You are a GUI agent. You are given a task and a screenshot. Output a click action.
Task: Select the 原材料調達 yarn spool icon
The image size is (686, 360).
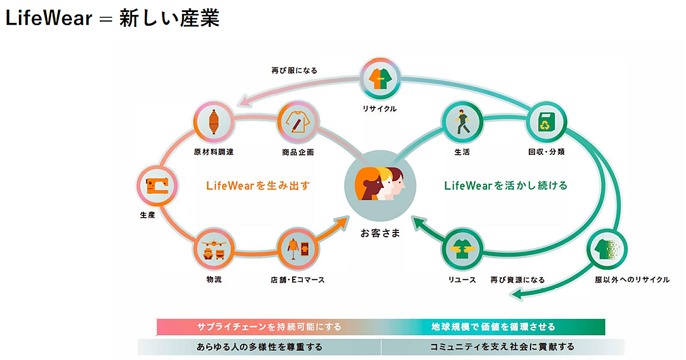click(214, 121)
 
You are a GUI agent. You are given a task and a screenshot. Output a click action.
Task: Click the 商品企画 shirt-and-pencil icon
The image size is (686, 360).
click(297, 122)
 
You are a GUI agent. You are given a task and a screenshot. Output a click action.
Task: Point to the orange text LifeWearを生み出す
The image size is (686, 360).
click(257, 185)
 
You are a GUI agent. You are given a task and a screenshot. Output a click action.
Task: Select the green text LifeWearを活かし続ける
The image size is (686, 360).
click(505, 185)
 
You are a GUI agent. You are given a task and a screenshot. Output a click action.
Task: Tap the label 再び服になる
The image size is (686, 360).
click(294, 71)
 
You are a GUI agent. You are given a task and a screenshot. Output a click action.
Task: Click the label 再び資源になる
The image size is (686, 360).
click(517, 280)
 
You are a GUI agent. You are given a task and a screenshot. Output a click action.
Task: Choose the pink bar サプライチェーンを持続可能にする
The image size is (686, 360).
click(269, 327)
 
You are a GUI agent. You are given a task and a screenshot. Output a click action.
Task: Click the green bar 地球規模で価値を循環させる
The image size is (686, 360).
click(493, 327)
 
